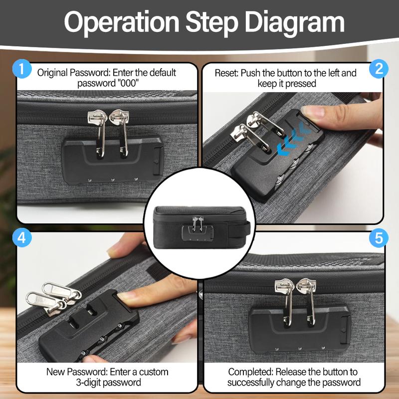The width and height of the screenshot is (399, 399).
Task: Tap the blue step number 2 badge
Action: (379, 69)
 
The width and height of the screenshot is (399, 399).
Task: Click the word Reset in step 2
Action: (226, 73)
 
